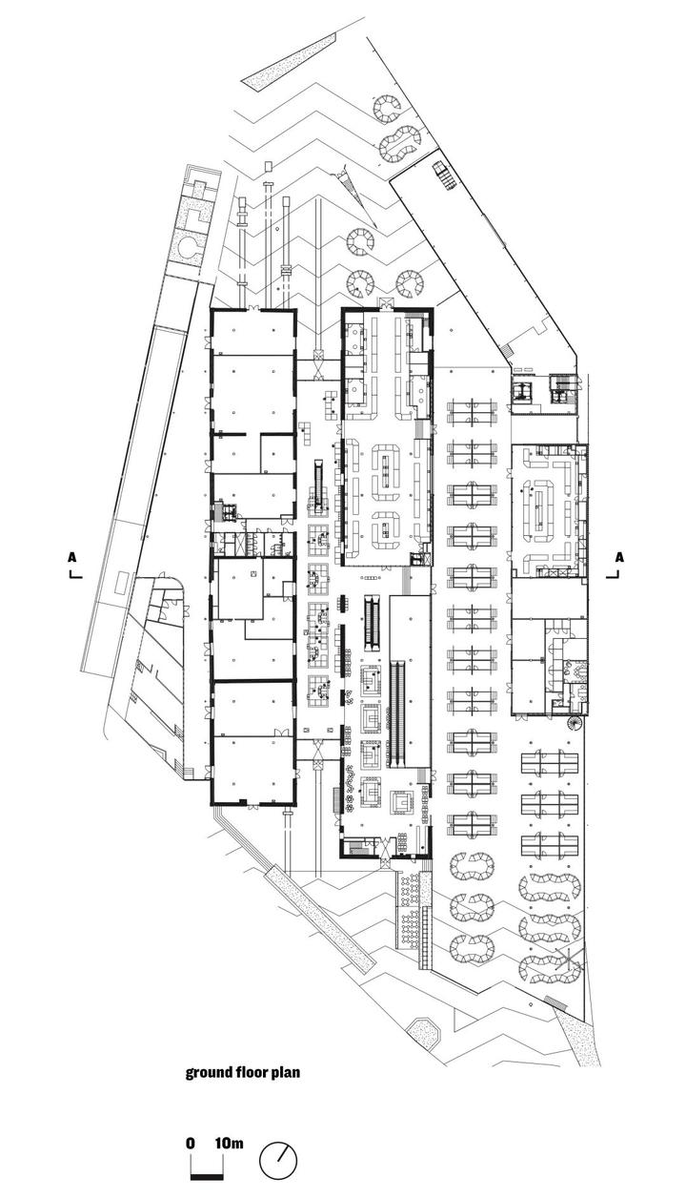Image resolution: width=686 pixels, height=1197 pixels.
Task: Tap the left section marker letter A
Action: [72, 557]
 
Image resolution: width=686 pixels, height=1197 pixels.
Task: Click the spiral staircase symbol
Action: [575, 724]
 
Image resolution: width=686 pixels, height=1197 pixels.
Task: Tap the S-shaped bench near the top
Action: [400, 143]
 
